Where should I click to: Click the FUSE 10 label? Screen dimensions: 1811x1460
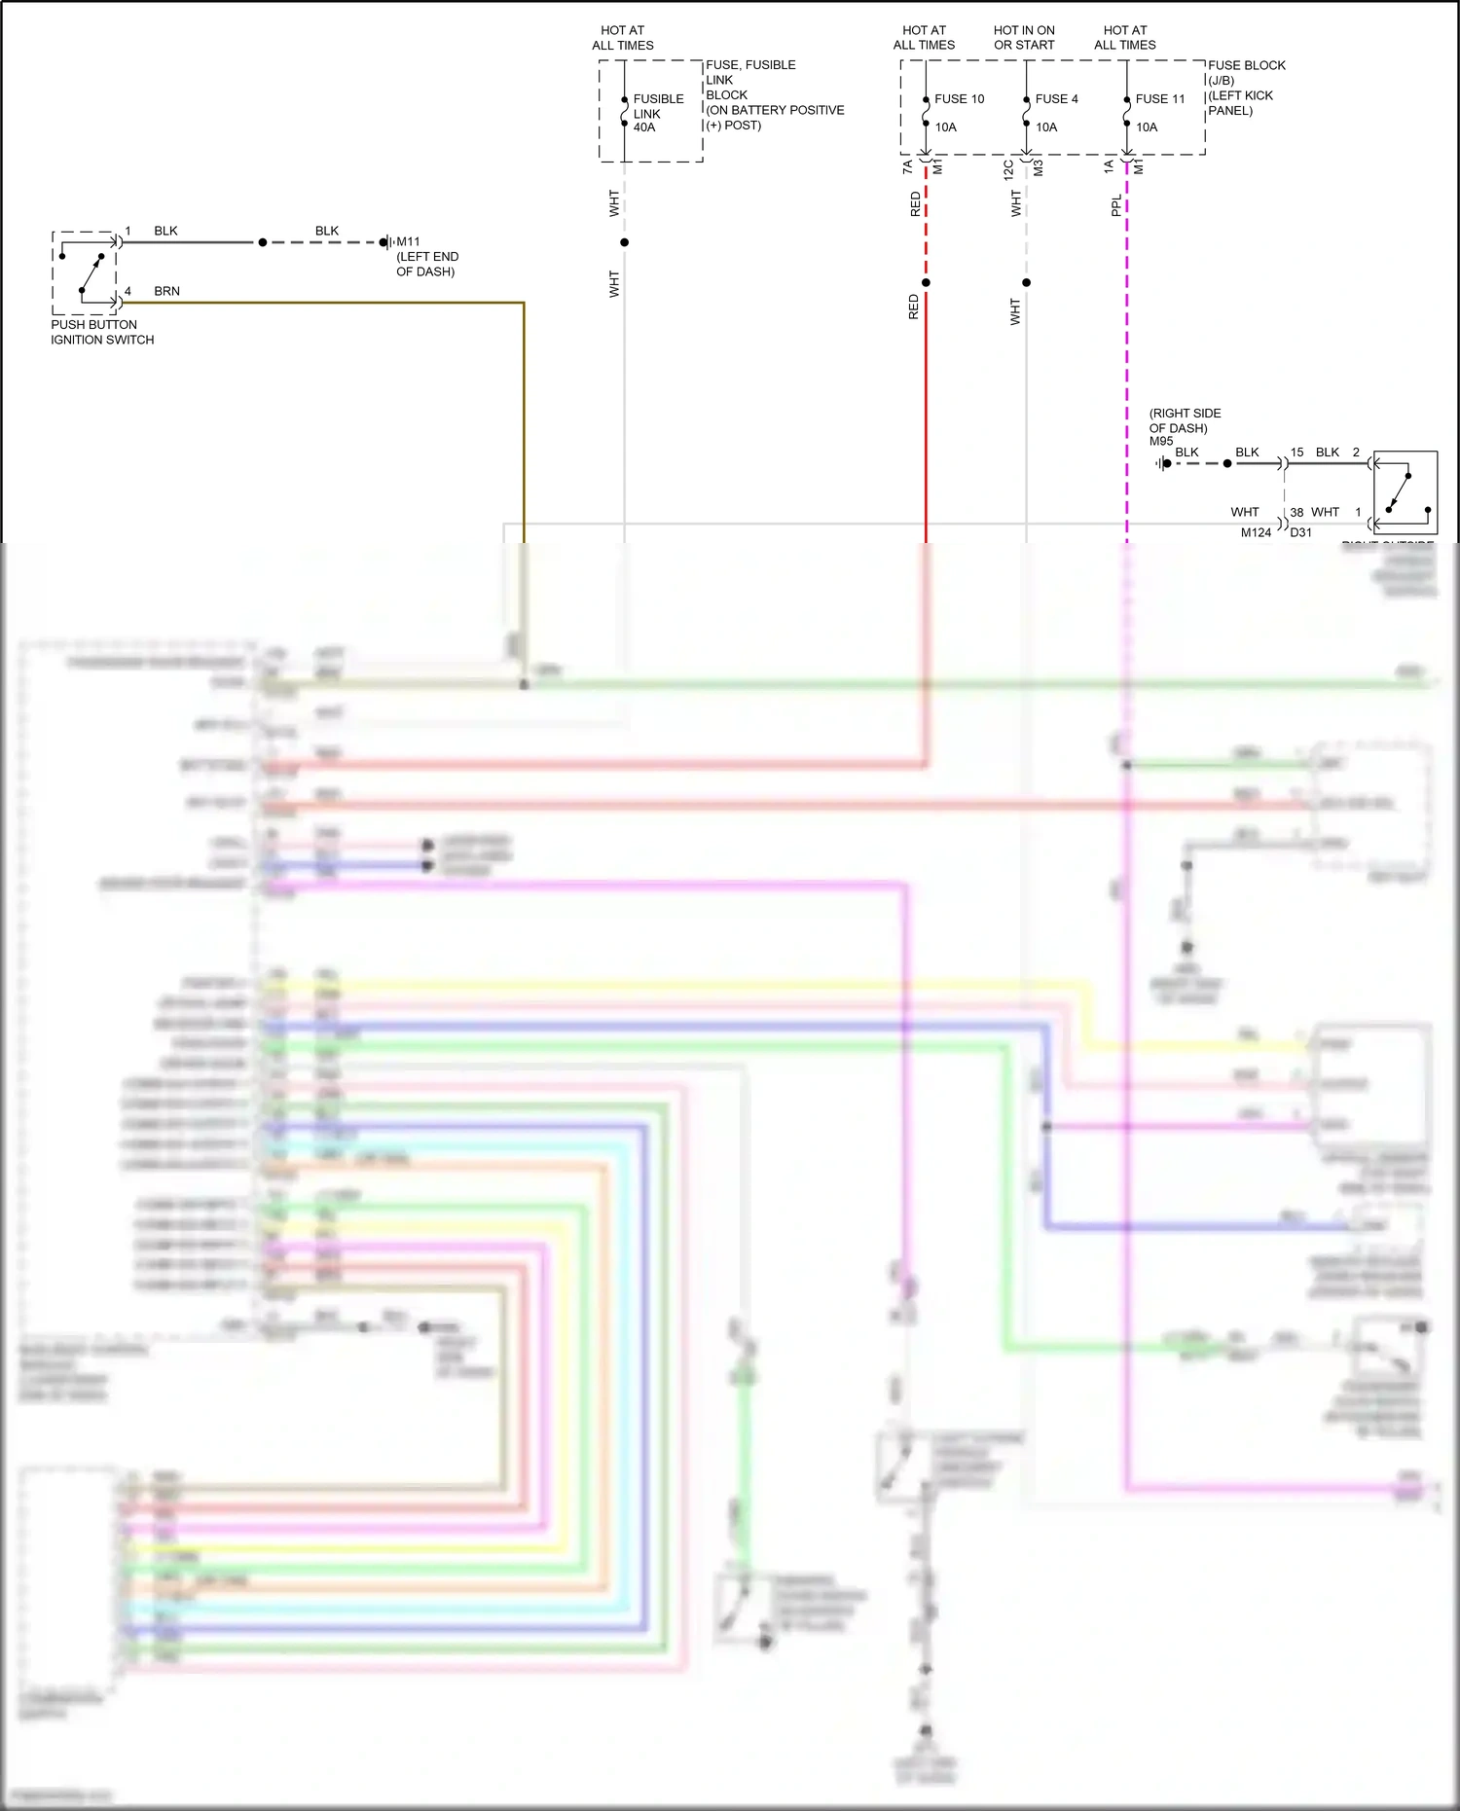point(959,99)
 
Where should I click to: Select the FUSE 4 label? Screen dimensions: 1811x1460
point(1056,99)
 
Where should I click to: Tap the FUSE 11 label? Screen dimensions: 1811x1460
point(1160,99)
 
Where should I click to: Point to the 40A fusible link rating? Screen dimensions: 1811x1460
point(644,127)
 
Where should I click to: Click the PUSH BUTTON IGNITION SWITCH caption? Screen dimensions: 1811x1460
point(102,332)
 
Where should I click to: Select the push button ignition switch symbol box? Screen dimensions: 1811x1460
point(85,272)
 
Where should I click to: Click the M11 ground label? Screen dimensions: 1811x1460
point(408,241)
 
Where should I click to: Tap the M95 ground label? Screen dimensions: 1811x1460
point(1161,441)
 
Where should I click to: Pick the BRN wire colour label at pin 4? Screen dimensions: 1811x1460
point(166,291)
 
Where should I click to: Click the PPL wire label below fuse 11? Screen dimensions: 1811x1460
point(1116,205)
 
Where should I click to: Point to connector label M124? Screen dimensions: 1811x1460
point(1256,532)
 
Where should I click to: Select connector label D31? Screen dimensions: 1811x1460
point(1301,532)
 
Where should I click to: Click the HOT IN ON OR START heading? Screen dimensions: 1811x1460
point(1024,38)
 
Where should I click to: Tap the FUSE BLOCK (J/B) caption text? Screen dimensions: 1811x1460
point(1246,73)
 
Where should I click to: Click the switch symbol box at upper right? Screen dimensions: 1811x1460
point(1405,491)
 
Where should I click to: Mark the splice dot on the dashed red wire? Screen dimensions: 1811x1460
point(926,283)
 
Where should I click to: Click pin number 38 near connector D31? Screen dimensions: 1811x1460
point(1296,512)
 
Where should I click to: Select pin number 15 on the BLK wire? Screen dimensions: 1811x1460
point(1296,453)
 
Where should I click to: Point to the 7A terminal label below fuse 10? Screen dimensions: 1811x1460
point(907,167)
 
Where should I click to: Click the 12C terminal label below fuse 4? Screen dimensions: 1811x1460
point(1008,169)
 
